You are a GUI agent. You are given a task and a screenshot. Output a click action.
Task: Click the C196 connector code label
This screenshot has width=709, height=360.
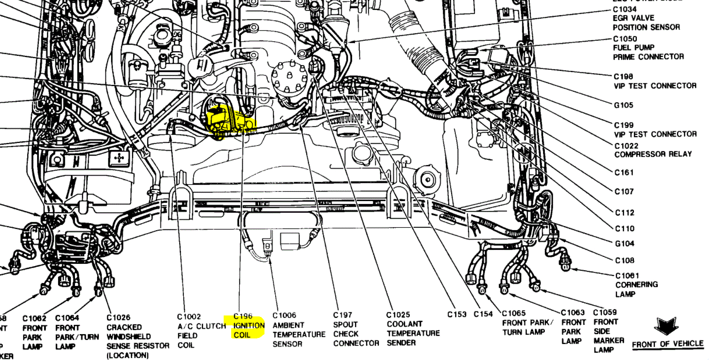[243, 316]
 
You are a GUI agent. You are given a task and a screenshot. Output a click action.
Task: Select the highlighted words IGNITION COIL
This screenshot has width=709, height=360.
[249, 330]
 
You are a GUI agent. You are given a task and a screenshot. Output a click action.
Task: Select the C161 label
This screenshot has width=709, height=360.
[624, 172]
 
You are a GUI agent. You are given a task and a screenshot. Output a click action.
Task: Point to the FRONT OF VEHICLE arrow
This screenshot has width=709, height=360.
[665, 326]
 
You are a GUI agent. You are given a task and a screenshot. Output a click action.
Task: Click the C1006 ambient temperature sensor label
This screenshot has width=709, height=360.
[299, 330]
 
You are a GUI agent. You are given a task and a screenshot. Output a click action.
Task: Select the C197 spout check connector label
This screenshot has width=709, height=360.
[355, 329]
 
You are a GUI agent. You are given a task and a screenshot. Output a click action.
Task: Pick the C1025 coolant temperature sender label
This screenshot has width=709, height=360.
[413, 329]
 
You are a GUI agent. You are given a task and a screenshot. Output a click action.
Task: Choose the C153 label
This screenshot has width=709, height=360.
[457, 315]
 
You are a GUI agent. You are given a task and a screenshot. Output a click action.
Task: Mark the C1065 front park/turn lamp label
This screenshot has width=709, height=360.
[528, 322]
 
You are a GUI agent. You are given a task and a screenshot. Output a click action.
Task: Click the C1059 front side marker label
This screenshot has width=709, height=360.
[608, 331]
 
